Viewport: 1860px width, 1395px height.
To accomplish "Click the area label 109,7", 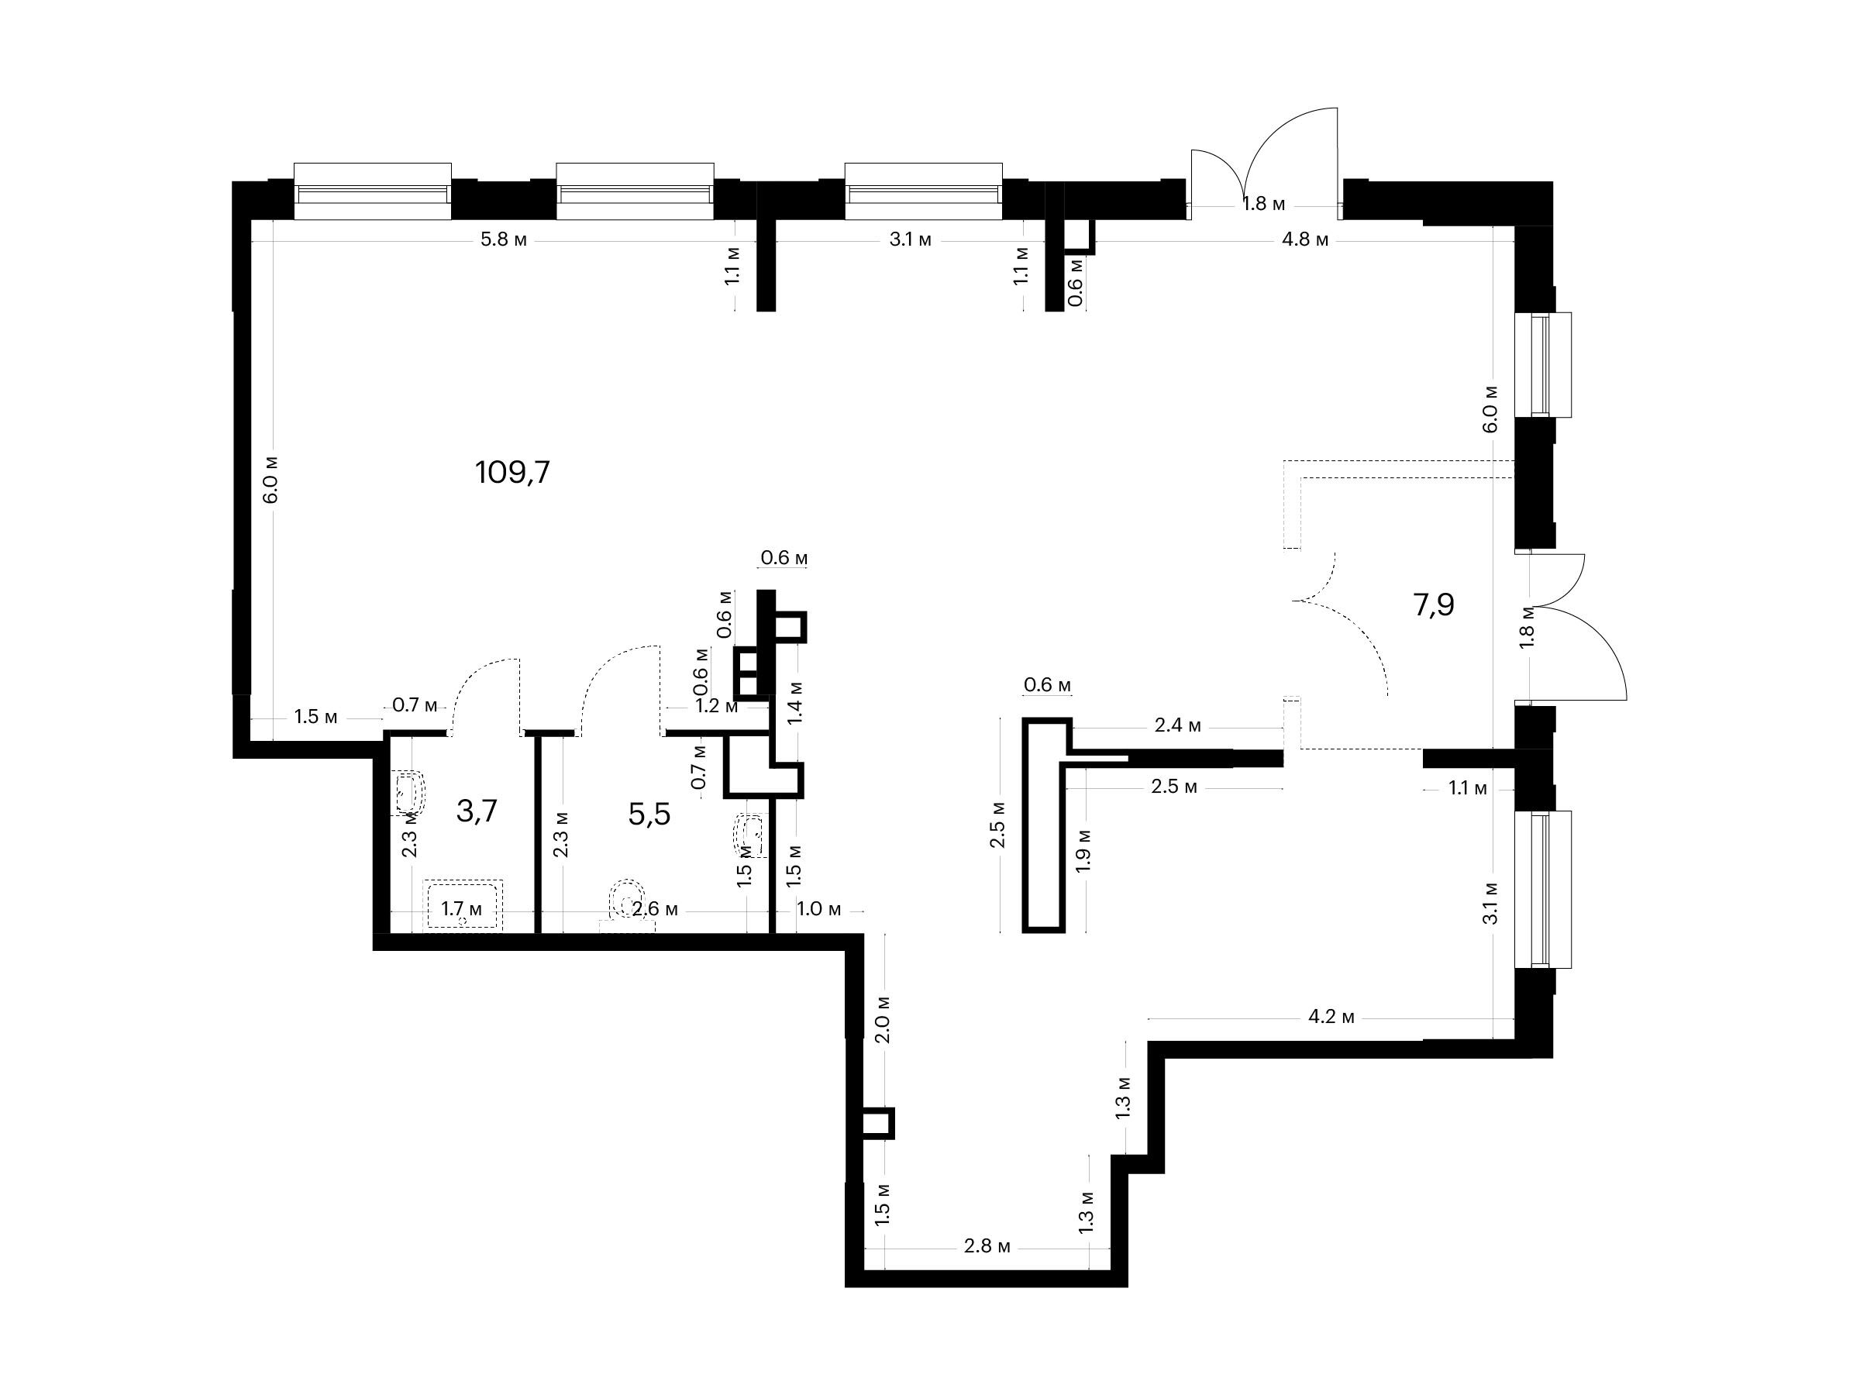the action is coord(512,473).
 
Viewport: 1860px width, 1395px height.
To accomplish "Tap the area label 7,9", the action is coord(1434,604).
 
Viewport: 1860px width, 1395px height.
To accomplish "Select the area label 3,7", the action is coord(477,811).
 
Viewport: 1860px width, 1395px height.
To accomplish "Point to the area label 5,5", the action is coord(649,814).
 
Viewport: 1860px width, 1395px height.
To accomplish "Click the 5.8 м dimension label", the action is coord(504,239).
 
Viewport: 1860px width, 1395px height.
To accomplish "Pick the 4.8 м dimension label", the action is coord(1305,239).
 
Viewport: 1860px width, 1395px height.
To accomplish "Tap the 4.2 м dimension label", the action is coord(1331,1018).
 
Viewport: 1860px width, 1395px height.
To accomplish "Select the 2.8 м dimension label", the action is coord(987,1246).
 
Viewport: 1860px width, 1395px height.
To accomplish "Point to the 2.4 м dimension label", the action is coord(1177,725).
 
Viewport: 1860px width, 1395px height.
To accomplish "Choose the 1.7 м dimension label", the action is coord(462,909).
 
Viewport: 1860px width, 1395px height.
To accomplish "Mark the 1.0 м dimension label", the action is coord(819,909).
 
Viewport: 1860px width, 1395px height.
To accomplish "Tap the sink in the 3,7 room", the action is coord(409,793).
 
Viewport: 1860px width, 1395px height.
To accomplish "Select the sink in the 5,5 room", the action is coord(750,834).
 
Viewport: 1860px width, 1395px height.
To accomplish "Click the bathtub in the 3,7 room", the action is coord(463,904).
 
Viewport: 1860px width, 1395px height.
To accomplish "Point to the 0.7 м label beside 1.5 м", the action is coord(415,705).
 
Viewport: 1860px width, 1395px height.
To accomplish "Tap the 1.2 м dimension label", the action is coord(717,706).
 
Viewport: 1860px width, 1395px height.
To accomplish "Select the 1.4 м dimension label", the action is coord(794,702).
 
